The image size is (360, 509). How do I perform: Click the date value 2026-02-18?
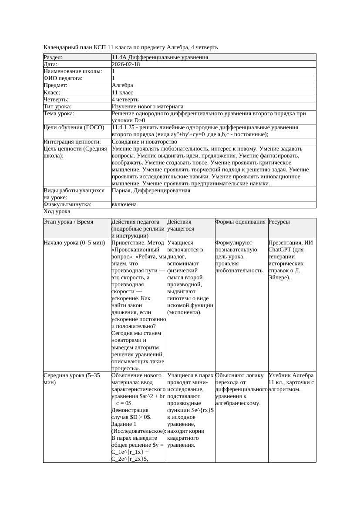[126, 64]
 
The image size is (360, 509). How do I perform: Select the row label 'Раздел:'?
[53, 57]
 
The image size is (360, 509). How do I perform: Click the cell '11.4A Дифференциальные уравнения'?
[160, 57]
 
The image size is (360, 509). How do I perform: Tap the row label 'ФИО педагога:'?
[63, 78]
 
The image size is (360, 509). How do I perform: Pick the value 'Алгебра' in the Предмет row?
[122, 85]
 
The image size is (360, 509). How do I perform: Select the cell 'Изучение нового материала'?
[148, 107]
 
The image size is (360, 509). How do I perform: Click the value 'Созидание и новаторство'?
[144, 142]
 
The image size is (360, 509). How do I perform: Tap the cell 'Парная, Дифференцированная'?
[151, 191]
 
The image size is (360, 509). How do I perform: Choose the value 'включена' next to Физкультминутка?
[124, 204]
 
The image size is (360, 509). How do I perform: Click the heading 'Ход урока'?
[57, 211]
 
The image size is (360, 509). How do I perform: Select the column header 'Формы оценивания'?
[240, 222]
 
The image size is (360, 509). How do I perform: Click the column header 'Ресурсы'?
[279, 222]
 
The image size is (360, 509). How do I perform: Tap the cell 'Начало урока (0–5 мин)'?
[72, 243]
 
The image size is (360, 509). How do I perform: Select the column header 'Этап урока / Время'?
[68, 222]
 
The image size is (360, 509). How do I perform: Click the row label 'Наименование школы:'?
[73, 71]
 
